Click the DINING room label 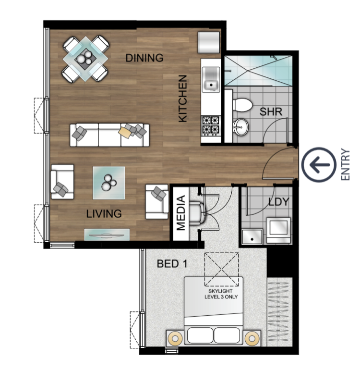point(144,58)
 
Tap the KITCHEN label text point(183,99)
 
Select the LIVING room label point(104,214)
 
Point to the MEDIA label point(181,213)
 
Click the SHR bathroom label point(271,112)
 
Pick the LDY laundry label point(279,202)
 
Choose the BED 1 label point(172,263)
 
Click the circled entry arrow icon point(319,165)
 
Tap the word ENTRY point(346,165)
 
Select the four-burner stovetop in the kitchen point(211,126)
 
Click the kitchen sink point(211,79)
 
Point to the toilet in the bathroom point(242,105)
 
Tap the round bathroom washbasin point(240,127)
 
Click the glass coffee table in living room point(109,183)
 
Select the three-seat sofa point(109,135)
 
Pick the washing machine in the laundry point(278,231)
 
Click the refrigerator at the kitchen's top point(209,42)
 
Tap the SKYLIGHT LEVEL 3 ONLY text point(221,294)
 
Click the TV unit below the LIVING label point(107,235)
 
